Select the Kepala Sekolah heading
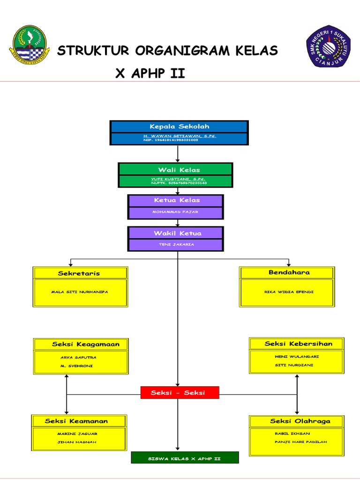(179, 127)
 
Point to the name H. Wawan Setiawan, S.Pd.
(180, 136)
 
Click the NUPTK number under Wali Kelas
(179, 183)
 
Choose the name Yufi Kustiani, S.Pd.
(178, 179)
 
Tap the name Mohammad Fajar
(175, 212)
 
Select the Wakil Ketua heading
(177, 233)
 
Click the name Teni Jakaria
(177, 244)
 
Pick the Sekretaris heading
(79, 273)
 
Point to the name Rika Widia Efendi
(289, 292)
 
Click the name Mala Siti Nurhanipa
(79, 292)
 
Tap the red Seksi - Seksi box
(180, 393)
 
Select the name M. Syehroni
(74, 366)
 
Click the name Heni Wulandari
(297, 357)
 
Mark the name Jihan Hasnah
(77, 442)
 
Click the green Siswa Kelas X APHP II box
(185, 457)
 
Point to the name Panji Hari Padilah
(300, 442)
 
